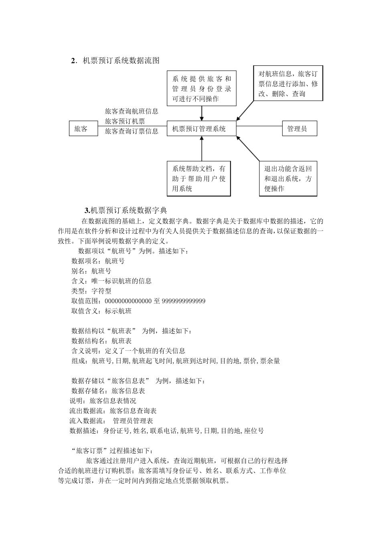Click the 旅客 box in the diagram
pos(83,129)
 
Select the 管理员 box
pos(300,129)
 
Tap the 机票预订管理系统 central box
pos(201,129)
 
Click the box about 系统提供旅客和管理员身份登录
pos(201,88)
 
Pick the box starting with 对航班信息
pos(288,84)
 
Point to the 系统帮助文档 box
pos(199,178)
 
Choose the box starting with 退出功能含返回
pos(288,178)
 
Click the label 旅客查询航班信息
pos(132,111)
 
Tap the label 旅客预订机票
pos(125,121)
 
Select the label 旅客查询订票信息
pos(132,131)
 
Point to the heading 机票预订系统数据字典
pos(128,210)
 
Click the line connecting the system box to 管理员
pos(259,126)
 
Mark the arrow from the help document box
pos(202,149)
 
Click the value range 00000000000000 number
pos(128,301)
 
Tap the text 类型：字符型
pos(91,291)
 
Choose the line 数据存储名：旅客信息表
pos(108,391)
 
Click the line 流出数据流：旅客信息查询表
pos(113,411)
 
